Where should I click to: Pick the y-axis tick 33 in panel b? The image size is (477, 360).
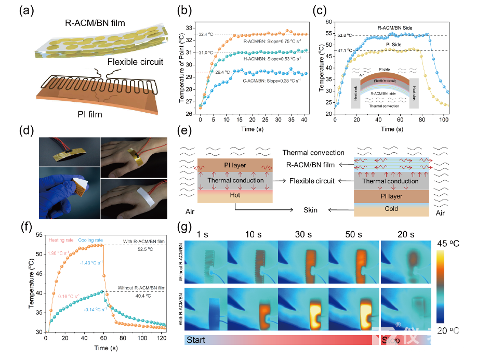click(190, 29)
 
